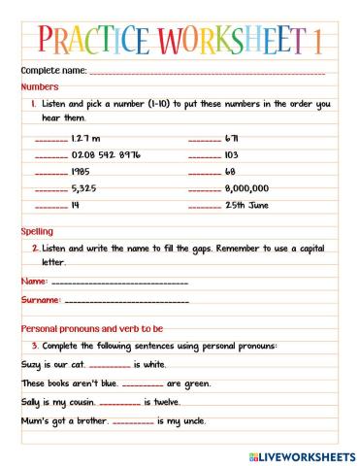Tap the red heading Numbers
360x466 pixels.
[x=39, y=86]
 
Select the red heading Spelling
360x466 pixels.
[x=37, y=232]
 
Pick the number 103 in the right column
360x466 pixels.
[x=231, y=155]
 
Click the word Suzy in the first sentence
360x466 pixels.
[x=31, y=364]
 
